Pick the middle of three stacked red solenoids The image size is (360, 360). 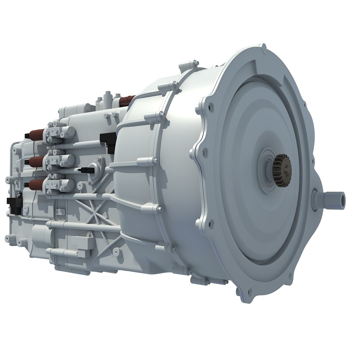(x=36, y=161)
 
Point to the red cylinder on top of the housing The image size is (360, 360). (x=128, y=100)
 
